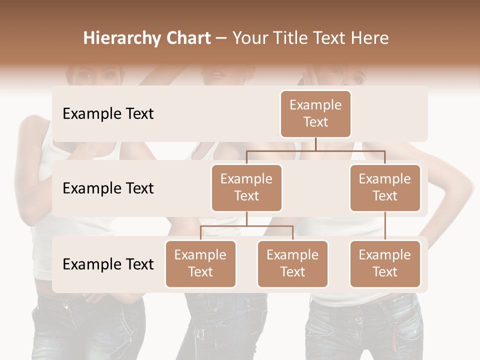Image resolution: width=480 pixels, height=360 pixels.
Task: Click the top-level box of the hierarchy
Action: (315, 113)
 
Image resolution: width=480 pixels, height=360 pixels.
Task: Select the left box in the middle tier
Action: (246, 187)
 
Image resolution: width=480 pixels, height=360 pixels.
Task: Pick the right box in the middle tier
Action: (385, 187)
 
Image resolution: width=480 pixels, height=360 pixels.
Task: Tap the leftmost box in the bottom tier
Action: (200, 263)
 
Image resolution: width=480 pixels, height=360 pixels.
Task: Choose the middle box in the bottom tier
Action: (292, 263)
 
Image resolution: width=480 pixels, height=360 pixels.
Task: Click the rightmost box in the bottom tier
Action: (385, 263)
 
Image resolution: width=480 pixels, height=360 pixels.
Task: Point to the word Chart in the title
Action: (186, 38)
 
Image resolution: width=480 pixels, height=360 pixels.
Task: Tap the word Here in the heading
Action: (368, 38)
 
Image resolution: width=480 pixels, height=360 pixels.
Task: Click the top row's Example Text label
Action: (108, 113)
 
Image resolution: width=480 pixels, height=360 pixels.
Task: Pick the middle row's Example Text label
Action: (108, 188)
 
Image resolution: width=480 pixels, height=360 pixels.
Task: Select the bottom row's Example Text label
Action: (108, 264)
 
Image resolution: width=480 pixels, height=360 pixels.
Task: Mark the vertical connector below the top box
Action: (315, 144)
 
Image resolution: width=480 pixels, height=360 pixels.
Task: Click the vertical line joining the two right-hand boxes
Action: (385, 226)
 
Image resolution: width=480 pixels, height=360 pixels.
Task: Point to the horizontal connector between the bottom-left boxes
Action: (246, 226)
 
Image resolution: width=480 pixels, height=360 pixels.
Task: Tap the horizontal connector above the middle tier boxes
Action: (315, 150)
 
